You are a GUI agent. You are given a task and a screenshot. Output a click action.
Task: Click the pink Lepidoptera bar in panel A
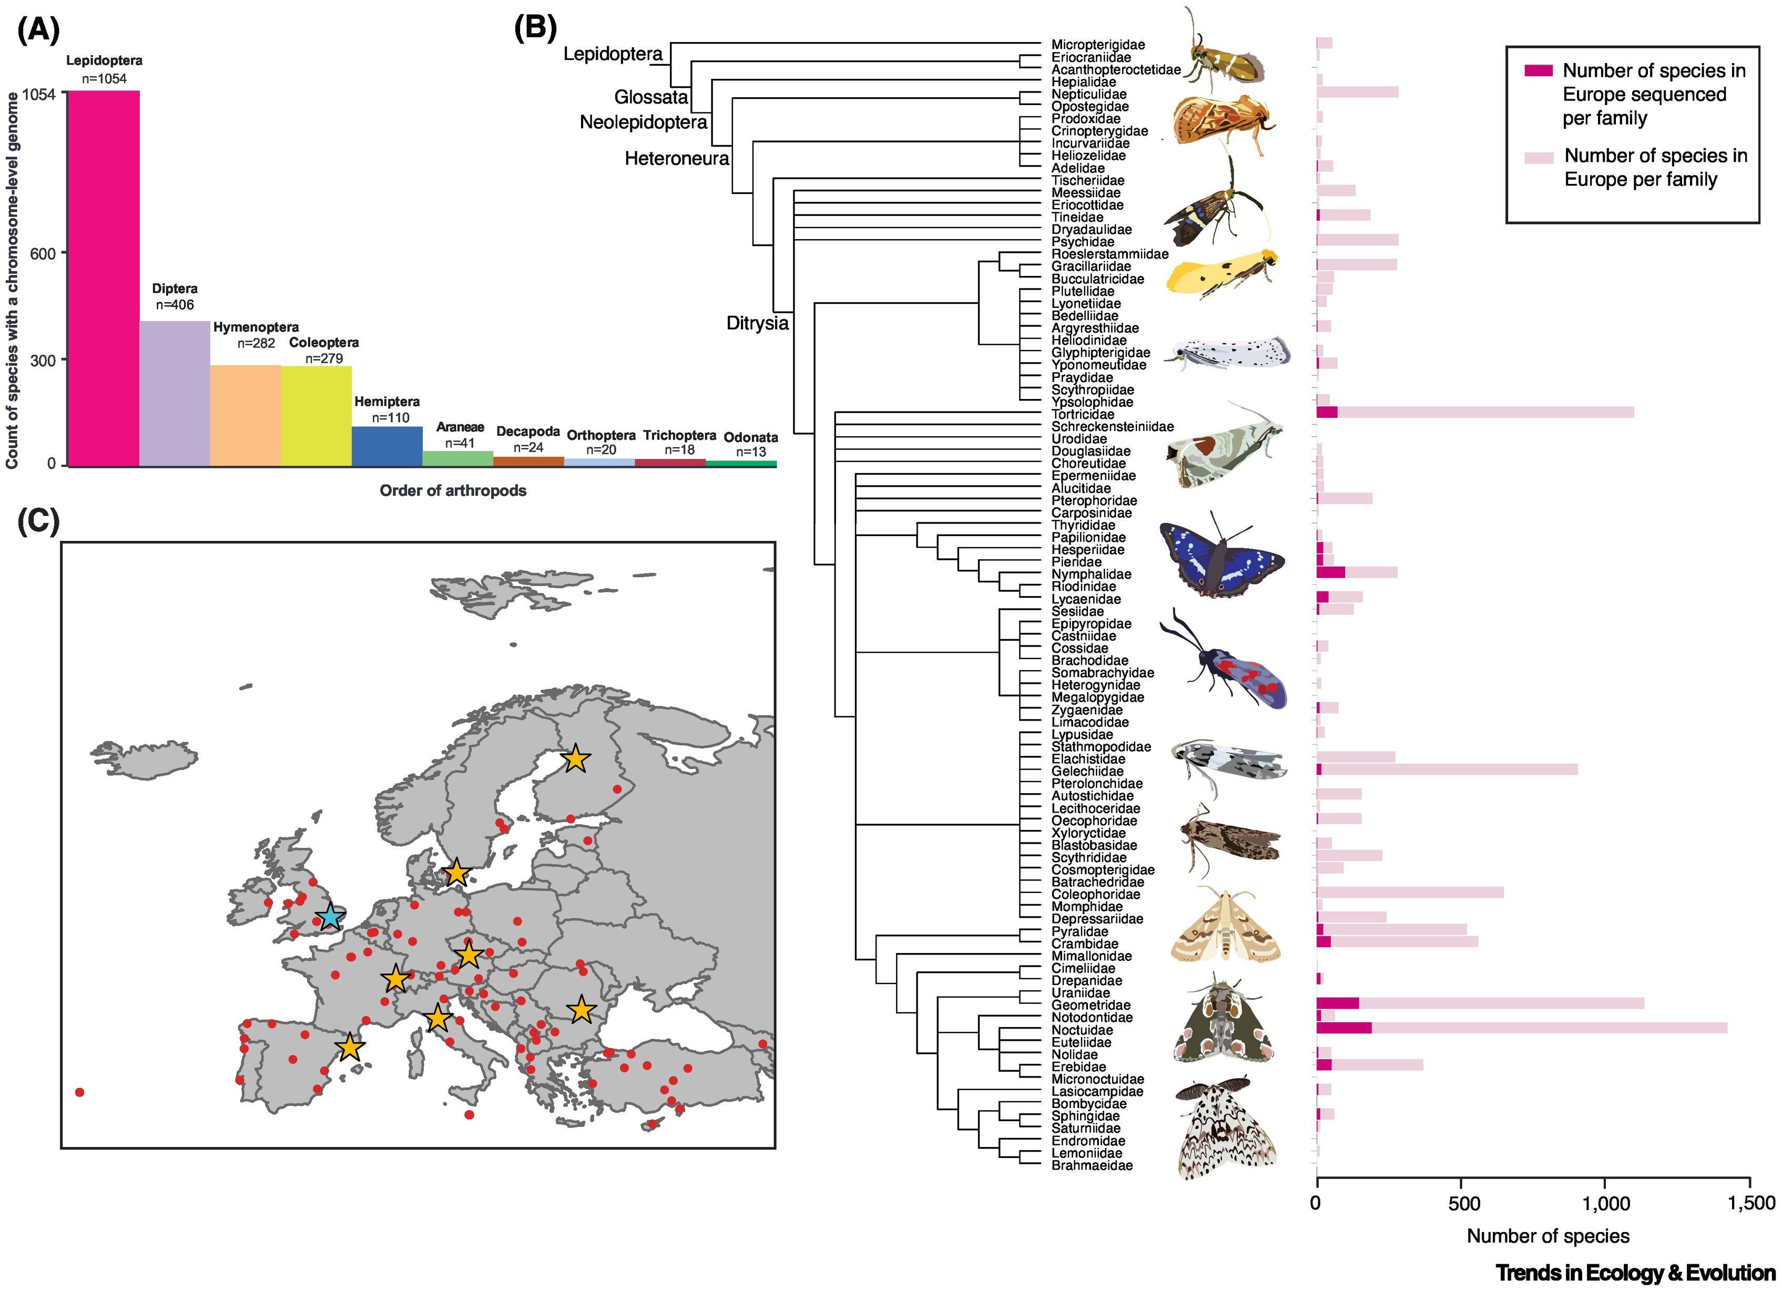tap(103, 278)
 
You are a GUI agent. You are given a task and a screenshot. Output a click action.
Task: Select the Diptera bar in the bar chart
tap(175, 393)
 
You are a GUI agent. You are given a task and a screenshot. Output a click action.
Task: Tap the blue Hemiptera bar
tap(386, 446)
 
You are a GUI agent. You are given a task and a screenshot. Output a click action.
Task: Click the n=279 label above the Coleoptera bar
tap(324, 358)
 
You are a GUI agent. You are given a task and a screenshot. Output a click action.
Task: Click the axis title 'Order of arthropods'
tap(453, 491)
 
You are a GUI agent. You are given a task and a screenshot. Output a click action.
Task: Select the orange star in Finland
tap(575, 758)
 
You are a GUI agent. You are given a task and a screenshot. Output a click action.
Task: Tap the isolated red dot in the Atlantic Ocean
tap(79, 1092)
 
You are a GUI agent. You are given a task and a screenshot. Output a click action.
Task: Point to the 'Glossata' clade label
tap(650, 97)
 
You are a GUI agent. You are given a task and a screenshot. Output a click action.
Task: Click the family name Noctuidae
tap(1082, 1030)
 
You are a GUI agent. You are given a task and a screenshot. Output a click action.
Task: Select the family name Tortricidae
tap(1083, 414)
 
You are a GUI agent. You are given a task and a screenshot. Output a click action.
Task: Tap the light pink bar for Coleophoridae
tap(1410, 892)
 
